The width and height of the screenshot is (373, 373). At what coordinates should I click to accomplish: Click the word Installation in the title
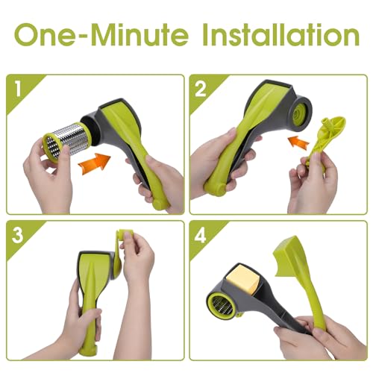[281, 34]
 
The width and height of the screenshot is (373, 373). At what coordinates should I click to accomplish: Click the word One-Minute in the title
[101, 34]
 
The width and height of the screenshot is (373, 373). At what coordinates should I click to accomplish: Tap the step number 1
[18, 89]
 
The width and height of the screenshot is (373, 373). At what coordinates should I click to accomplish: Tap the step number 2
[201, 89]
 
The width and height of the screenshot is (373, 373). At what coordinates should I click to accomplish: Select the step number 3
[17, 235]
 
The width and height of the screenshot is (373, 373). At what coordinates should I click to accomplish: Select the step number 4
[201, 235]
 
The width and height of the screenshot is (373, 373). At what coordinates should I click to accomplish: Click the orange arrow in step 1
[94, 163]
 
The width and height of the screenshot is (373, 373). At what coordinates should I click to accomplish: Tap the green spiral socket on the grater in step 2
[298, 115]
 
